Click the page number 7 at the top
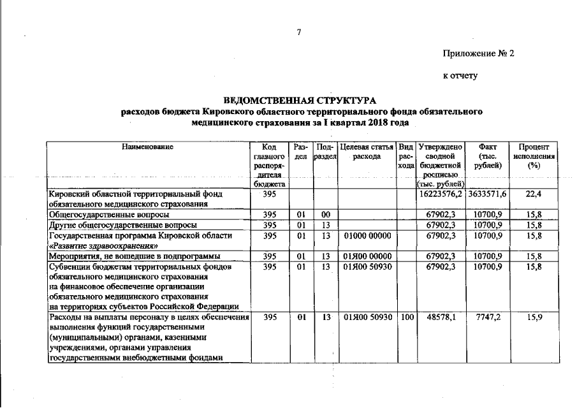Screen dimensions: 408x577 (x=298, y=32)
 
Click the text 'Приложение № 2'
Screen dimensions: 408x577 (x=478, y=54)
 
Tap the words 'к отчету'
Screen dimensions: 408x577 (x=460, y=76)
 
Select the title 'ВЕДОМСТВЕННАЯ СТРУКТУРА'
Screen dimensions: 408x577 (x=300, y=101)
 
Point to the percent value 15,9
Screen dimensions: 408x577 (x=534, y=317)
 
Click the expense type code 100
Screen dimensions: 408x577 (x=405, y=317)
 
